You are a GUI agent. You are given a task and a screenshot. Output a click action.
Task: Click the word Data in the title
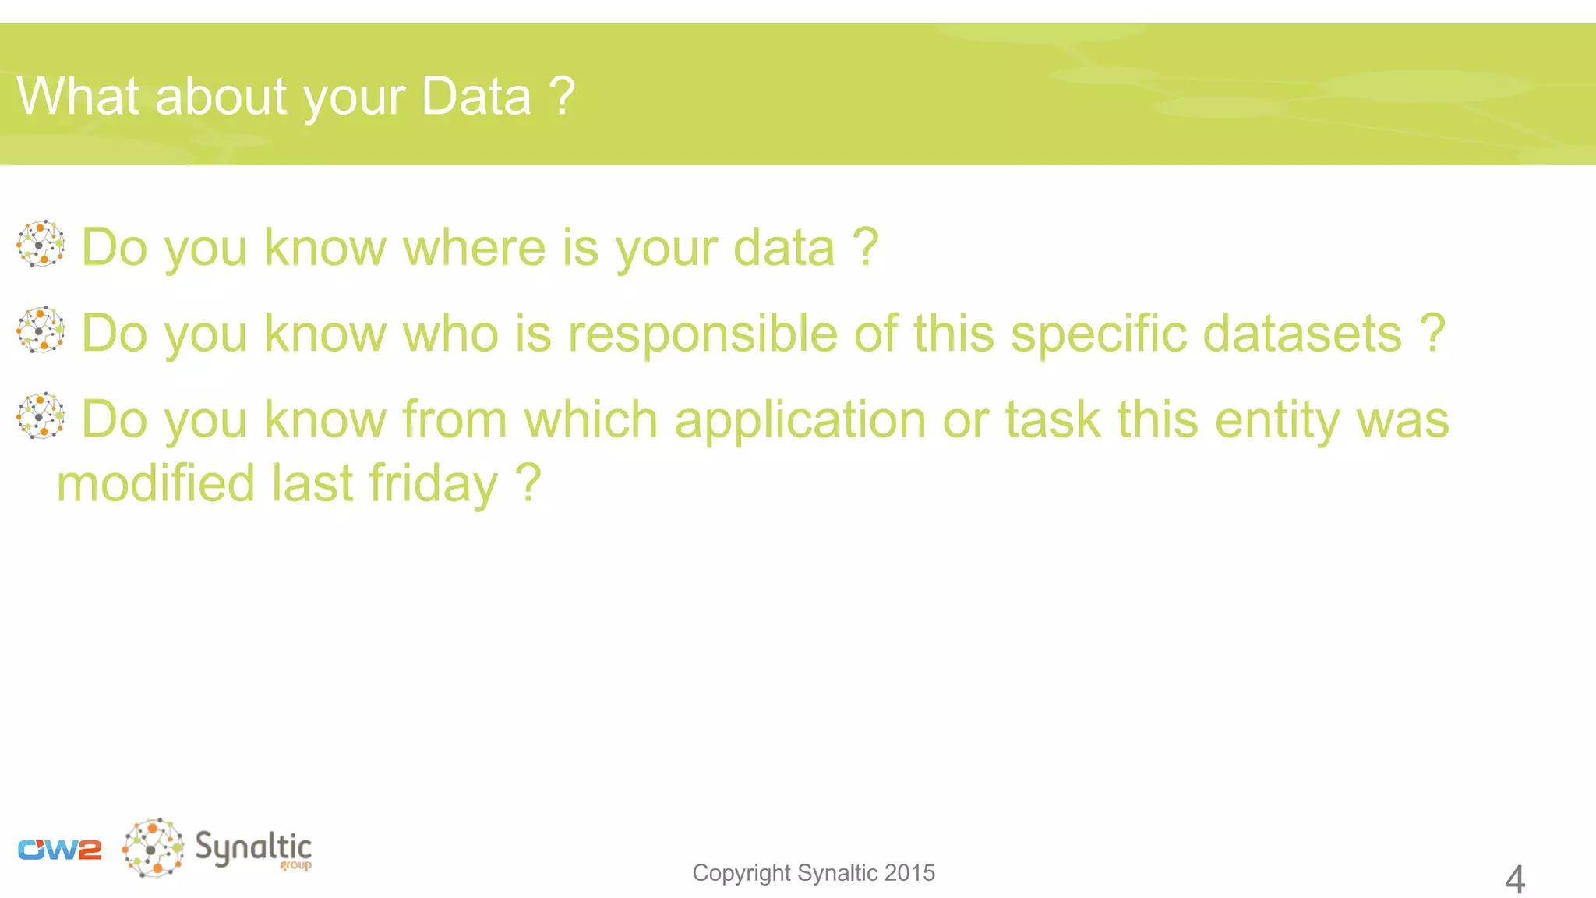(475, 97)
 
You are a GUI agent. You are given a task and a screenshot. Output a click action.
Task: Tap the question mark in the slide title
(562, 97)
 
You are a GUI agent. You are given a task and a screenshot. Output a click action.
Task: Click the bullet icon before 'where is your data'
(41, 244)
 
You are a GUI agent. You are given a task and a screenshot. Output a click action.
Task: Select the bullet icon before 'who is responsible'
(41, 330)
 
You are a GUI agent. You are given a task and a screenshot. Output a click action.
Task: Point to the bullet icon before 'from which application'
(41, 415)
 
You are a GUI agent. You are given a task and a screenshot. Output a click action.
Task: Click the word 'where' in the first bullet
(474, 248)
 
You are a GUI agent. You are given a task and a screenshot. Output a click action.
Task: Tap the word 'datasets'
(1302, 334)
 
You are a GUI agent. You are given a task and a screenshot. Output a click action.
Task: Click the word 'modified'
(156, 483)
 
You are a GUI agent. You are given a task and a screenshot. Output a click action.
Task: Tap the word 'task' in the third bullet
(1053, 419)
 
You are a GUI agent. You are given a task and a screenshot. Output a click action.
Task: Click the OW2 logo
(60, 850)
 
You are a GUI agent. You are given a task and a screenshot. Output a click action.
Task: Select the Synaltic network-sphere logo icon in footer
(154, 848)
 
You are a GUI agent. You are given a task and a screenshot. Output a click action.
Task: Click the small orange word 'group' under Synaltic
(295, 865)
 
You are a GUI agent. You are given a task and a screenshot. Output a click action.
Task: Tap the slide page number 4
(1514, 879)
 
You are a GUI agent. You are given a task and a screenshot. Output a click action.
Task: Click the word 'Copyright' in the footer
(741, 873)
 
